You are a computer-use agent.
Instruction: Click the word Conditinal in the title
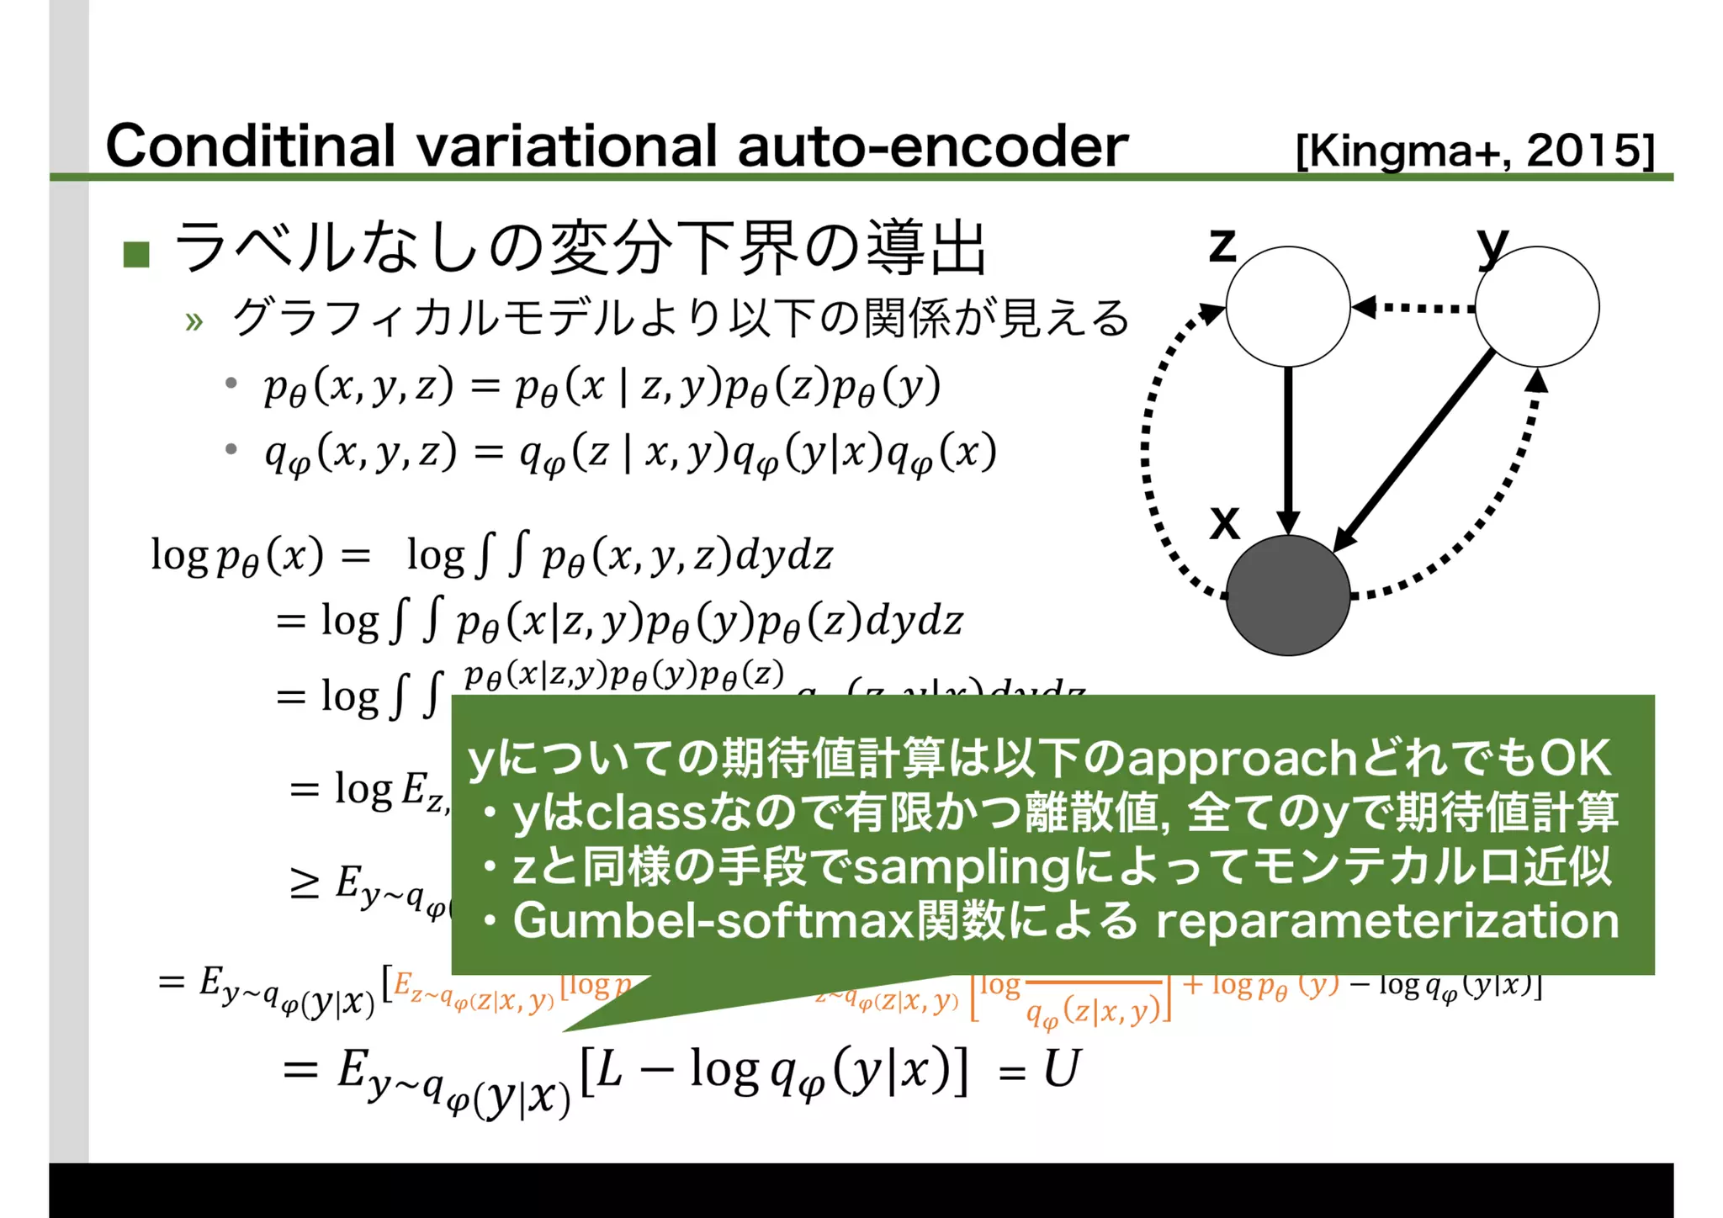pos(250,146)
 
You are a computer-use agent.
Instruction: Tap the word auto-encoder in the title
pos(932,146)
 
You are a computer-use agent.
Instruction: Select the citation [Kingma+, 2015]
pos(1474,151)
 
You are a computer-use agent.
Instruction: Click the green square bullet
pos(136,253)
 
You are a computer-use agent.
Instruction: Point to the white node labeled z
pos(1287,307)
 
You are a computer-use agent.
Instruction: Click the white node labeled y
pos(1537,307)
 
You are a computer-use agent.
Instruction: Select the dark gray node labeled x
pos(1287,596)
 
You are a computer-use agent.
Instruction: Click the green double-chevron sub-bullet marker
pos(194,321)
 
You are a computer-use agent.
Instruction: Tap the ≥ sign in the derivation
pos(304,883)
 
